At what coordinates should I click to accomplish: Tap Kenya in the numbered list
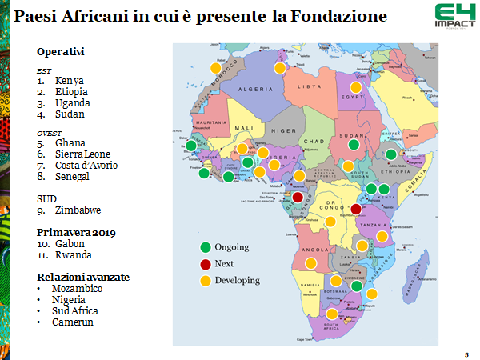click(70, 81)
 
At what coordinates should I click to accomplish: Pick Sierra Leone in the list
click(83, 154)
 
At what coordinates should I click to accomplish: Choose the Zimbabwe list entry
click(78, 210)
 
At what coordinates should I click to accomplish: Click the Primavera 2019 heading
click(76, 231)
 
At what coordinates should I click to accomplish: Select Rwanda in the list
click(73, 254)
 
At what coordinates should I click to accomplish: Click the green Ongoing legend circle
click(205, 247)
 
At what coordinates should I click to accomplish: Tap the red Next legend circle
click(205, 264)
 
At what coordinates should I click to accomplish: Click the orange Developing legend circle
click(205, 281)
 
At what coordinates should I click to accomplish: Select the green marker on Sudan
click(354, 145)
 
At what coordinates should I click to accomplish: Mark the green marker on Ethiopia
click(390, 155)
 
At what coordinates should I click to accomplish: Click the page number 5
click(466, 354)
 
